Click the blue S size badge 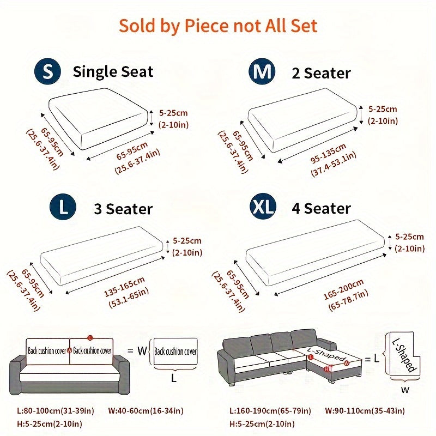47,71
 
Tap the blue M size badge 262,71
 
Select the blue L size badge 63,207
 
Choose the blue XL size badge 263,207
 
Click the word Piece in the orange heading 207,26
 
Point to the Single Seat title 113,72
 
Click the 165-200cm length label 344,289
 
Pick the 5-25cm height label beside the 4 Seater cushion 410,237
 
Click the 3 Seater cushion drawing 102,255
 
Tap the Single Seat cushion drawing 98,119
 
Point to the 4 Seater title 321,208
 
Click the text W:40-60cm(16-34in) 146,411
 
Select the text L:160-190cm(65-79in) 270,411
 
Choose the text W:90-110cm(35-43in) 365,411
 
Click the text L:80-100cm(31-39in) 56,411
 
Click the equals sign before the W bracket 130,350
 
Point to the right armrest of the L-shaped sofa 327,344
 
